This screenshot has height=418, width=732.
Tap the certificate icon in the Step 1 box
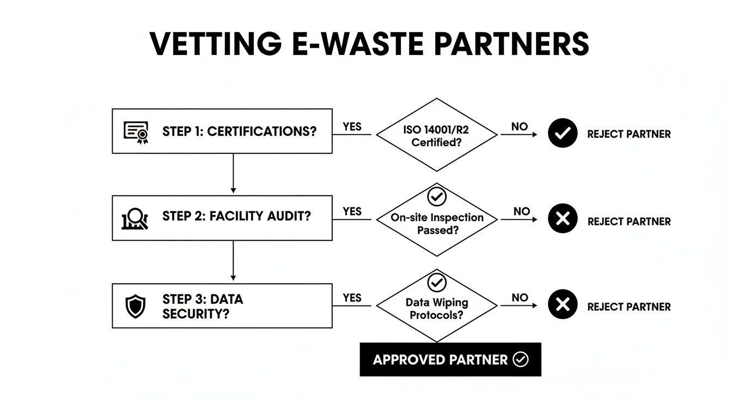pos(136,132)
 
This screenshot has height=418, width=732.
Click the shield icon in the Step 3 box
pos(135,306)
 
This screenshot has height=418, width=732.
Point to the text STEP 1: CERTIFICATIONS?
pos(239,131)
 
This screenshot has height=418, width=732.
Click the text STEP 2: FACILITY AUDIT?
pos(236,216)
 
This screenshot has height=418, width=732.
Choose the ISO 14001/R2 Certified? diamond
pos(437,136)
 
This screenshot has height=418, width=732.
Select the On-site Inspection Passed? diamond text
pos(437,224)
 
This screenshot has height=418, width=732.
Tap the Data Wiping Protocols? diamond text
pos(437,309)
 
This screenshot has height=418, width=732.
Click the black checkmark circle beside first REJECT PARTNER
pos(562,134)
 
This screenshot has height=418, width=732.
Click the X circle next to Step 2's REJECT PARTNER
pos(562,219)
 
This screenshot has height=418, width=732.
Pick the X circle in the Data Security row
pos(562,305)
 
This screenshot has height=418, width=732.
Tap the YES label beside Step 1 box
pos(352,126)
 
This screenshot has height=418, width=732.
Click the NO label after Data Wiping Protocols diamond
pos(520,298)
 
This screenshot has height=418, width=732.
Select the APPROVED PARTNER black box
pos(450,359)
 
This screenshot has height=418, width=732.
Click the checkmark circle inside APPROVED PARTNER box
pos(521,359)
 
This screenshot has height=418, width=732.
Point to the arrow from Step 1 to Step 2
pos(233,173)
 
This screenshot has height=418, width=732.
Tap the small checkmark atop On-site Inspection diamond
pos(437,196)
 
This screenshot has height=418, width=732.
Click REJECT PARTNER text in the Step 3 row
pos(629,307)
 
